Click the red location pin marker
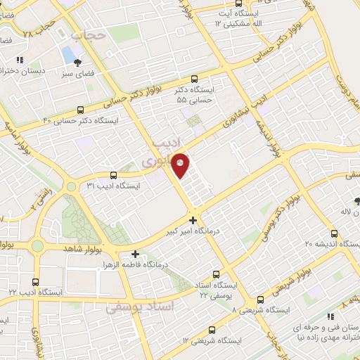(181, 165)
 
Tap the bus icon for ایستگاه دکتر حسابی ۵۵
(194, 79)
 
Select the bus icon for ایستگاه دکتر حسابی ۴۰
(82, 110)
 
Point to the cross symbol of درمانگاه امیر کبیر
(193, 220)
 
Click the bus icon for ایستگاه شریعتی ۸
(260, 298)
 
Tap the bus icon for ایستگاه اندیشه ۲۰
(333, 233)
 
